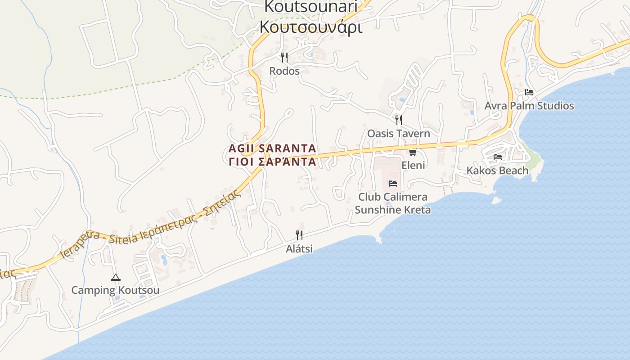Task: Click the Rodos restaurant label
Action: pos(284,71)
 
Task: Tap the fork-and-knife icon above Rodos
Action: pos(284,58)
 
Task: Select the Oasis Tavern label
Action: pos(398,134)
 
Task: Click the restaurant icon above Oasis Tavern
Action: pos(398,120)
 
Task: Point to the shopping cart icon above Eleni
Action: pos(413,152)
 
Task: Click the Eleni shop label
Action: pos(413,165)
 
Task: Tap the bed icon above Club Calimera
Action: pos(392,184)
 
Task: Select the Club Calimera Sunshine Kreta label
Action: pos(392,203)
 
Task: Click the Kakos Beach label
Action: pos(497,171)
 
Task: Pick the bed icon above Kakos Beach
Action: pos(497,157)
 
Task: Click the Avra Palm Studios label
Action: pos(529,106)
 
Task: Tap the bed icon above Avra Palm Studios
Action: pos(529,92)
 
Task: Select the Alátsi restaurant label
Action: pos(299,249)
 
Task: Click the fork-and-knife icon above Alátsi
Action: pos(299,235)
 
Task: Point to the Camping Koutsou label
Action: pos(115,290)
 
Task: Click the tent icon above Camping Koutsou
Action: pos(115,277)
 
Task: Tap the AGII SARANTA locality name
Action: pos(272,148)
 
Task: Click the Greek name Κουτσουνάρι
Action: pos(310,27)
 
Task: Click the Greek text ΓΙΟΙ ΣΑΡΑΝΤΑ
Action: pos(272,162)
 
